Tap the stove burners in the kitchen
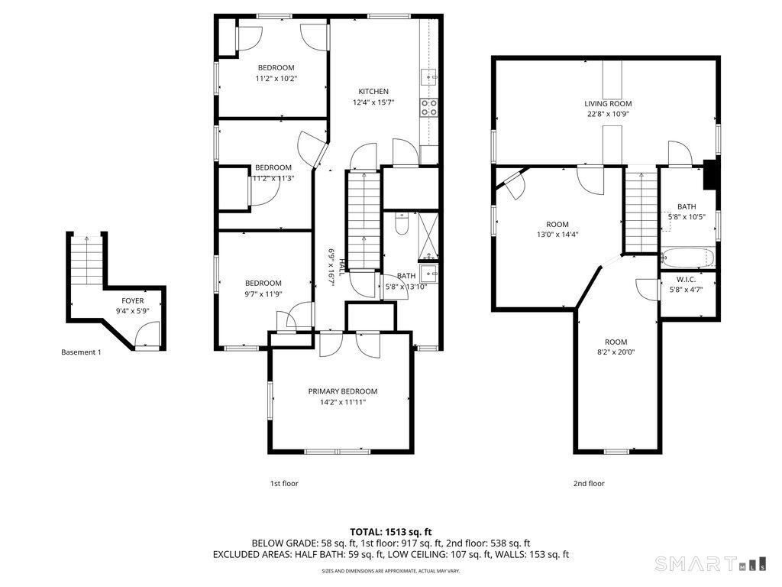pos(429,107)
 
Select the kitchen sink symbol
pos(428,77)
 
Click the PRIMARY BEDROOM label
pos(343,391)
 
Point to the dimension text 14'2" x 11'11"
pos(343,402)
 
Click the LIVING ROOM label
pos(608,104)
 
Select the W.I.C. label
pos(687,280)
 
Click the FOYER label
pos(133,301)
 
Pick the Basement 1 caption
pos(81,352)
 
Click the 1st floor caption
pos(284,483)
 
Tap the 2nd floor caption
pos(589,483)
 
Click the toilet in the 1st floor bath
pos(402,224)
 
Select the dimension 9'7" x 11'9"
pos(263,293)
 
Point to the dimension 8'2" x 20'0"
pos(616,352)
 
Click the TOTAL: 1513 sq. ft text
pos(391,531)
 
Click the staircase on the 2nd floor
pos(641,210)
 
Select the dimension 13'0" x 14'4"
pos(557,235)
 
